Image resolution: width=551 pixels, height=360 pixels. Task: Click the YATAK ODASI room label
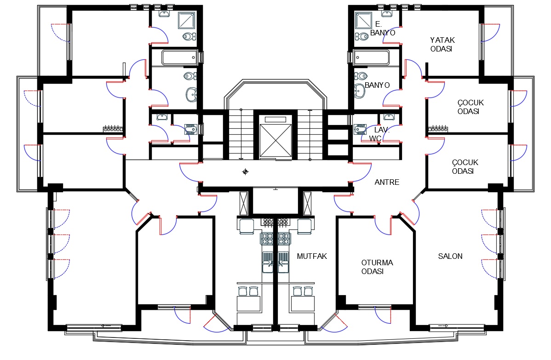pyautogui.click(x=442, y=45)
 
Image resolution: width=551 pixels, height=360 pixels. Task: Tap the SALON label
pyautogui.click(x=450, y=257)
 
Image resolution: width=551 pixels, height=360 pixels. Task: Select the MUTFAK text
pyautogui.click(x=312, y=257)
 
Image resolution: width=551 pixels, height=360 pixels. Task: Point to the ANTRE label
pyautogui.click(x=387, y=182)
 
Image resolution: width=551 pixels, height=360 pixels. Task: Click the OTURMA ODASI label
pyautogui.click(x=377, y=267)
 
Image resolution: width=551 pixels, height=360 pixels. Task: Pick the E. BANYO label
pyautogui.click(x=383, y=29)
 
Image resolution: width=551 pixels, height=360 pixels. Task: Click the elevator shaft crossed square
pyautogui.click(x=275, y=140)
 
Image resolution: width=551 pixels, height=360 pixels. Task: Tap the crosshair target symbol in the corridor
pyautogui.click(x=245, y=172)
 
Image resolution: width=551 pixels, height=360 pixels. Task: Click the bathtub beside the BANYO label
pyautogui.click(x=372, y=57)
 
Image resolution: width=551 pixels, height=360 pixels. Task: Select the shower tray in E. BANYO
pyautogui.click(x=363, y=20)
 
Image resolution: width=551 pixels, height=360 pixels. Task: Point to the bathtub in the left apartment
pyautogui.click(x=179, y=57)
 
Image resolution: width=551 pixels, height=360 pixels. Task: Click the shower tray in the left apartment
pyautogui.click(x=187, y=20)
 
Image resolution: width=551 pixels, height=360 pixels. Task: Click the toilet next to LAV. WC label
pyautogui.click(x=361, y=129)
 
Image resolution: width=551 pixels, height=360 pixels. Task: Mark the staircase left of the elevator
pyautogui.click(x=241, y=135)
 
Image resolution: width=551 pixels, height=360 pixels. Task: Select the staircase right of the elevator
pyautogui.click(x=310, y=135)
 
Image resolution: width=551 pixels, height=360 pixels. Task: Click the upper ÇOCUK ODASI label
pyautogui.click(x=471, y=107)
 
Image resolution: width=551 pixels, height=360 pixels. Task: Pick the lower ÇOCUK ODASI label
pyautogui.click(x=465, y=167)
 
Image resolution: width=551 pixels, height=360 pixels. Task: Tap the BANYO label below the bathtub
pyautogui.click(x=377, y=86)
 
